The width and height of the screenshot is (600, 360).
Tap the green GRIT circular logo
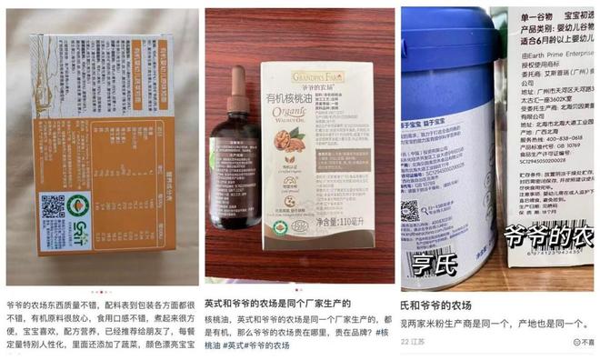[x=79, y=205]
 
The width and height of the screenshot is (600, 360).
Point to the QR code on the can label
[x=411, y=212]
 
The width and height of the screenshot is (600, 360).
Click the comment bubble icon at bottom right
[x=578, y=343]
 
